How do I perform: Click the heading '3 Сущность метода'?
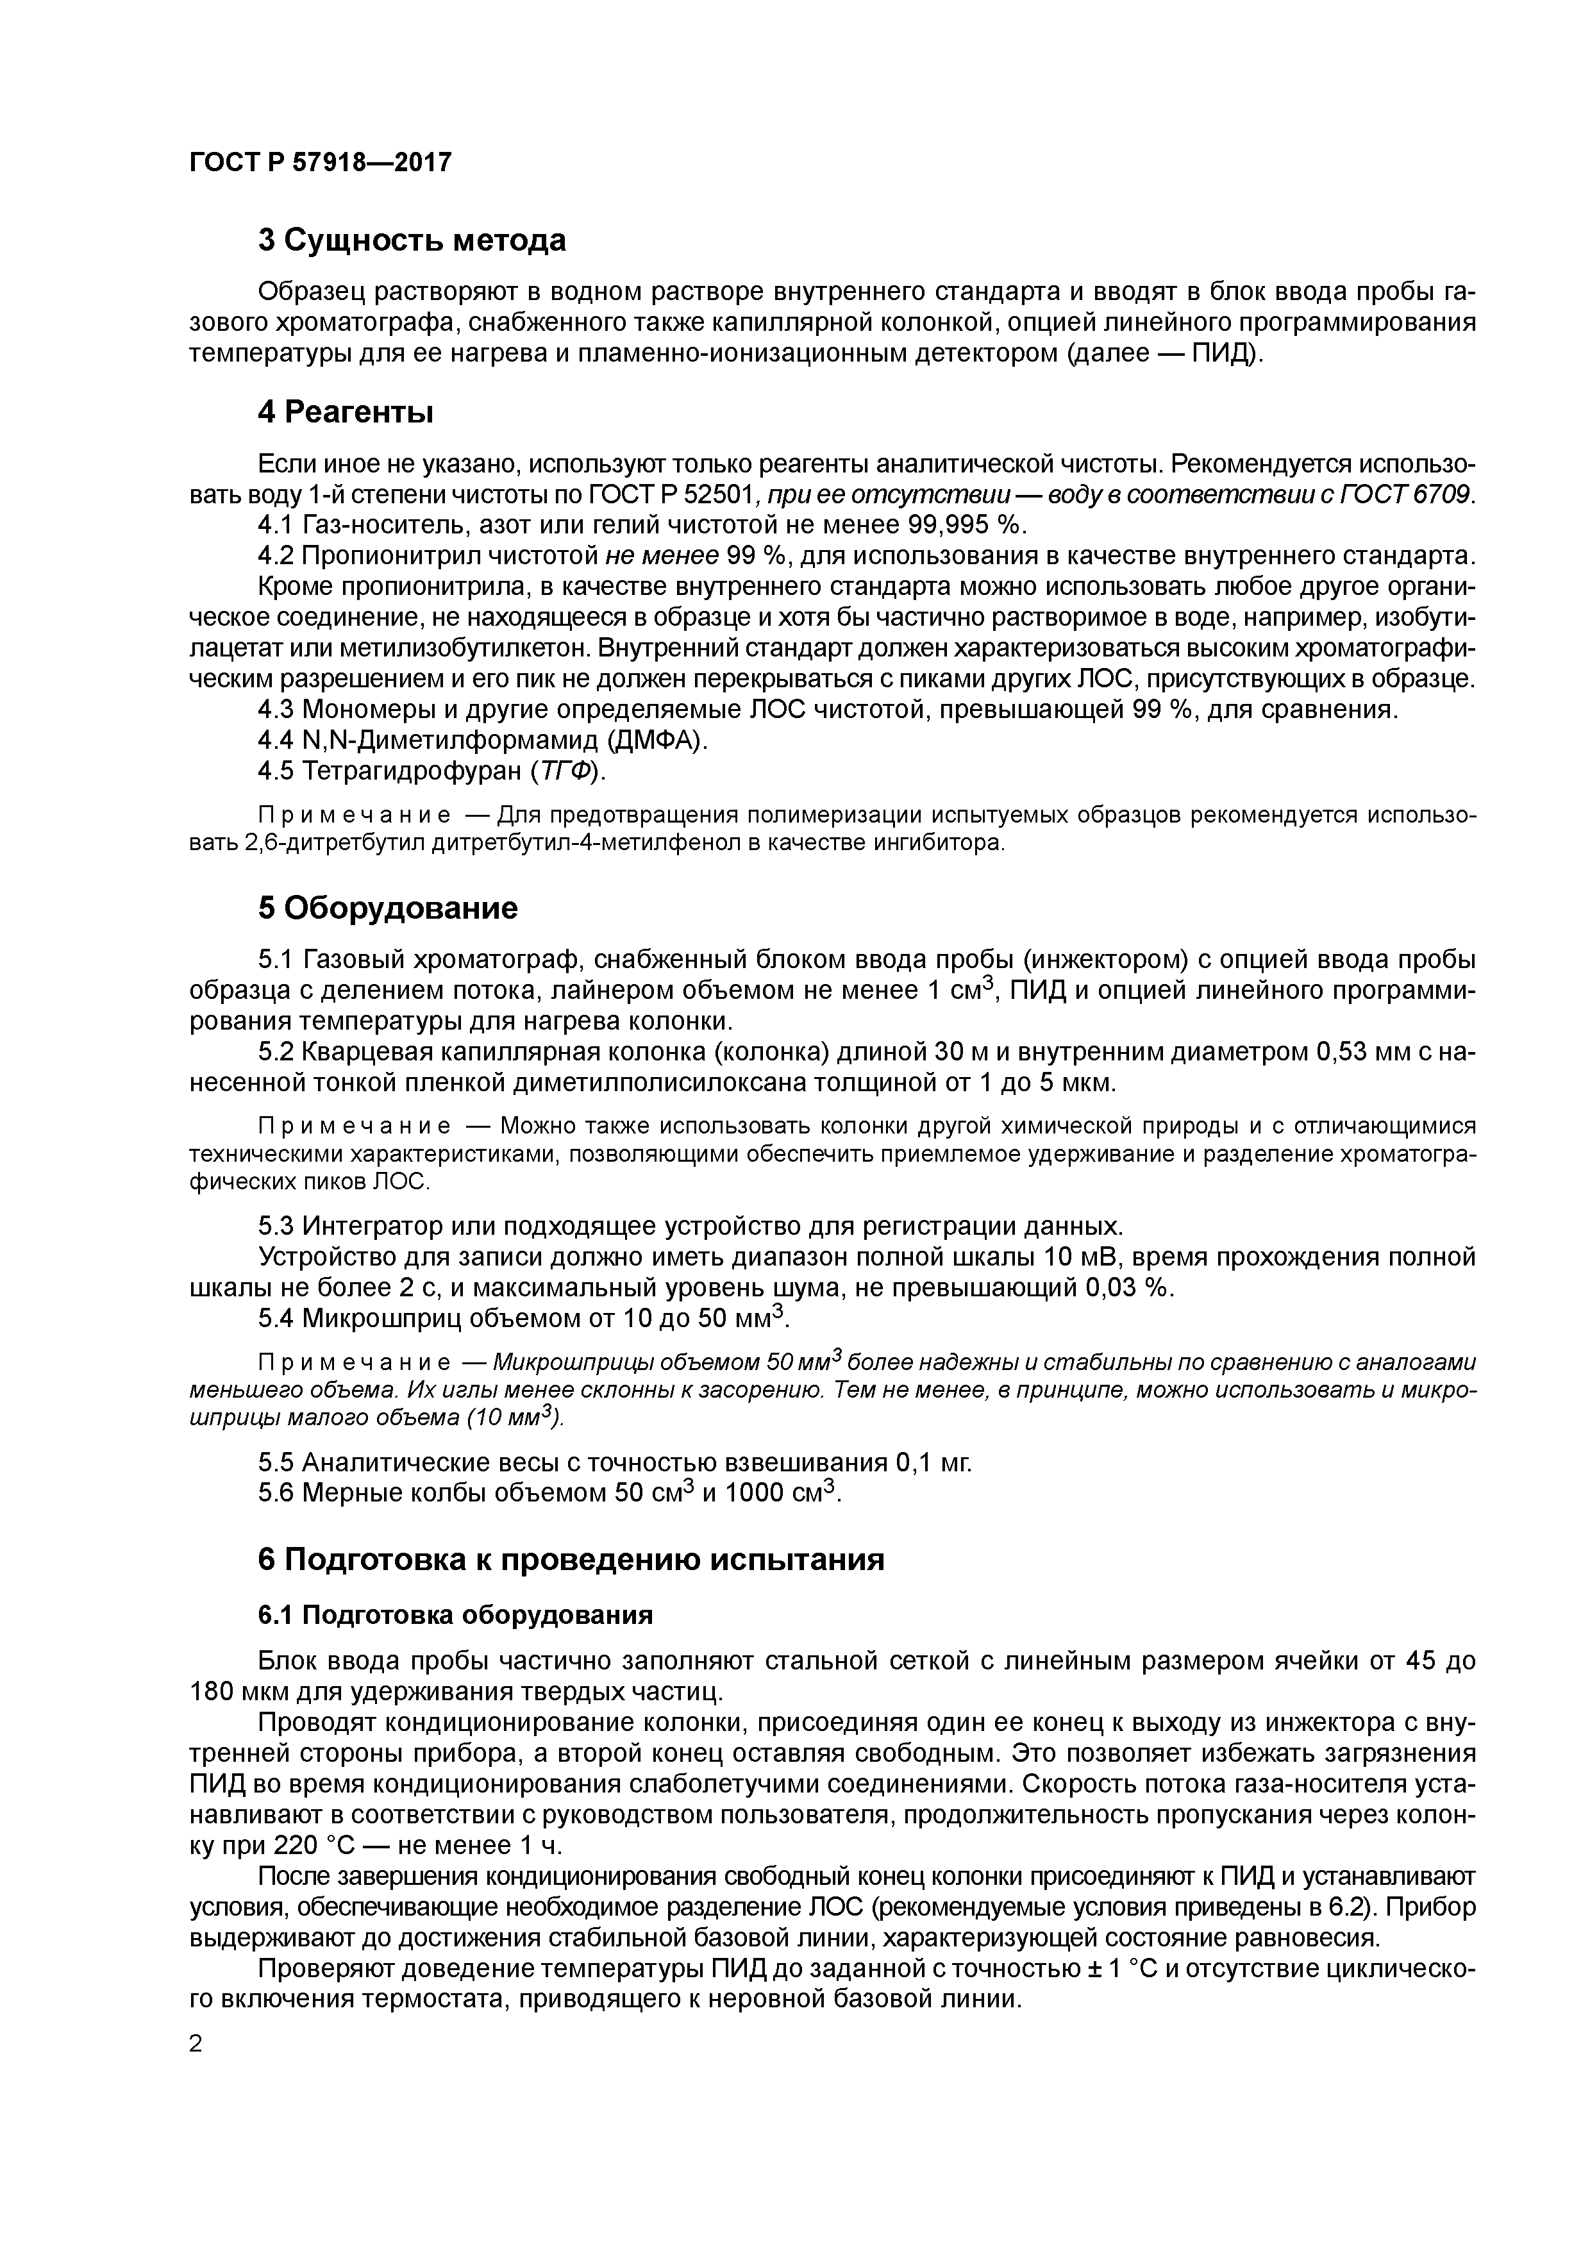click(412, 240)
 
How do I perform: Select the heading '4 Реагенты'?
click(345, 412)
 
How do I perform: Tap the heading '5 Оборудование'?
click(387, 908)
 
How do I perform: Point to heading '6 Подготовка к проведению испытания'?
click(571, 1559)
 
